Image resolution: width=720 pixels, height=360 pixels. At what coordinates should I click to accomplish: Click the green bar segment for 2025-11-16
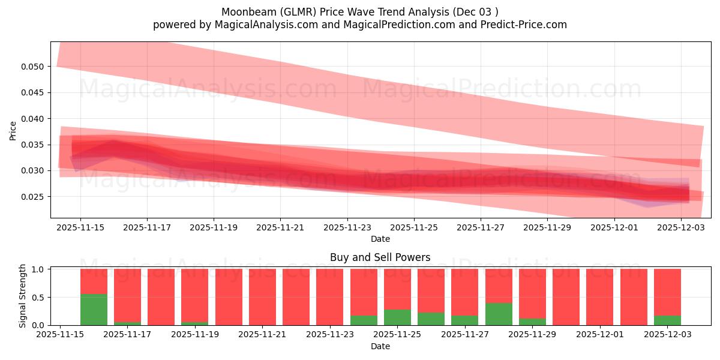94,310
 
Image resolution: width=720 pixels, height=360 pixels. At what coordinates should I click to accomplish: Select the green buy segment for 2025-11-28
499,314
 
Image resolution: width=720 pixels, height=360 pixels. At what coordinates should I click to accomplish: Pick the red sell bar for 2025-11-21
262,297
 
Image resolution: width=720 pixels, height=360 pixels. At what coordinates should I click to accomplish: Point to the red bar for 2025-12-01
600,297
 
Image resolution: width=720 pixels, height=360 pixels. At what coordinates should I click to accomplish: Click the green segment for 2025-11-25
397,317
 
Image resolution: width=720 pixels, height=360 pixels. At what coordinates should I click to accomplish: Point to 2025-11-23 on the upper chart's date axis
347,228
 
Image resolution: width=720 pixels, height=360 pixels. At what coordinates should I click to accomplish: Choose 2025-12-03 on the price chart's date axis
680,228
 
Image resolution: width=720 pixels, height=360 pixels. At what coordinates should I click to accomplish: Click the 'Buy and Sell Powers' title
380,257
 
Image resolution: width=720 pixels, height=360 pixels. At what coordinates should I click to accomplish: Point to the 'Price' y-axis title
13,130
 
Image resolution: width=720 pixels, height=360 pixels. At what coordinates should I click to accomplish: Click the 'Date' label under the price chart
380,239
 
